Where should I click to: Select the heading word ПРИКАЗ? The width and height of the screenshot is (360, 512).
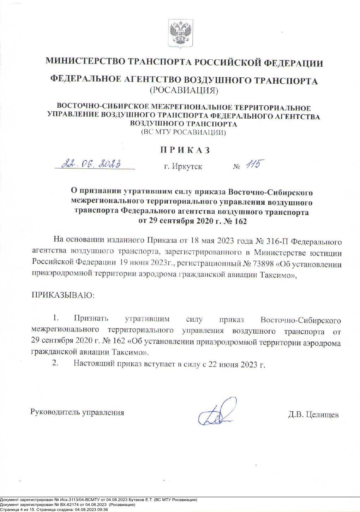185,150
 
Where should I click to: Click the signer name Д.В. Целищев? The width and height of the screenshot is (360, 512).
313,414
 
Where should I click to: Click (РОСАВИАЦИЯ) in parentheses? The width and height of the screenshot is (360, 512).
184,91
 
